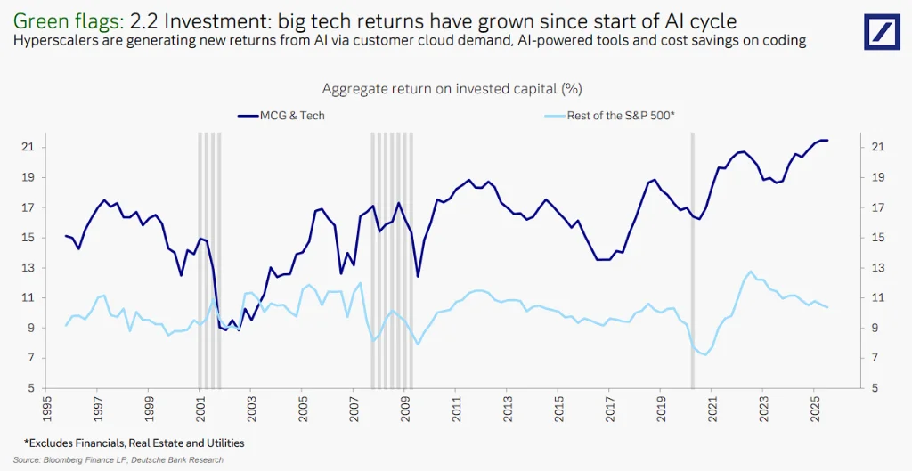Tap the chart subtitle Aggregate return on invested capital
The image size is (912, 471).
(x=452, y=89)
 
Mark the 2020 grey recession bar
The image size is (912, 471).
(x=692, y=258)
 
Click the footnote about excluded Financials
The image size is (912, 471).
(x=134, y=443)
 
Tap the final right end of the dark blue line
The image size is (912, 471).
(x=828, y=141)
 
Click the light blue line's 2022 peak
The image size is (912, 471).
(x=751, y=272)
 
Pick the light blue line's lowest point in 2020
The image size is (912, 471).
(x=705, y=355)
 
